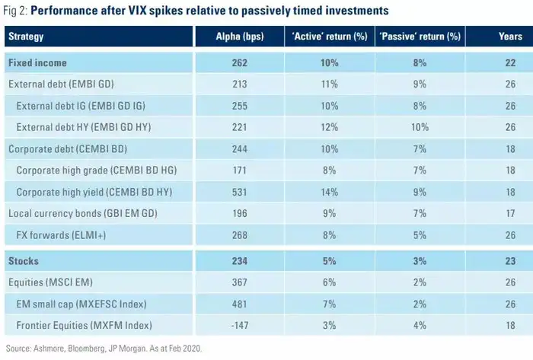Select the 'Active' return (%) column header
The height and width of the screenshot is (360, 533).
click(x=329, y=36)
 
